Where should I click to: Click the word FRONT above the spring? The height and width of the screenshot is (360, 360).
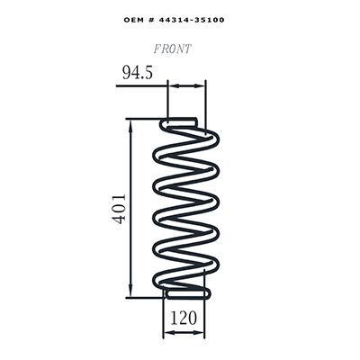(172, 49)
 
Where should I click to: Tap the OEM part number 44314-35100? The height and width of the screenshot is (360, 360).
(192, 20)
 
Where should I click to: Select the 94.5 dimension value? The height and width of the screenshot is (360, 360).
(138, 73)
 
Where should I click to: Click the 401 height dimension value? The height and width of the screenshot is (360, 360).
(119, 209)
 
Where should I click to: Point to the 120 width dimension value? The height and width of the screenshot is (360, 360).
(184, 318)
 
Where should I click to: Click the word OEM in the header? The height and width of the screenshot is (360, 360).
(133, 20)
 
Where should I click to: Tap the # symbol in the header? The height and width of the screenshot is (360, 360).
(150, 20)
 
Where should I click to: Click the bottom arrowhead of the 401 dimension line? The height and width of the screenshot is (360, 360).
(130, 292)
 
